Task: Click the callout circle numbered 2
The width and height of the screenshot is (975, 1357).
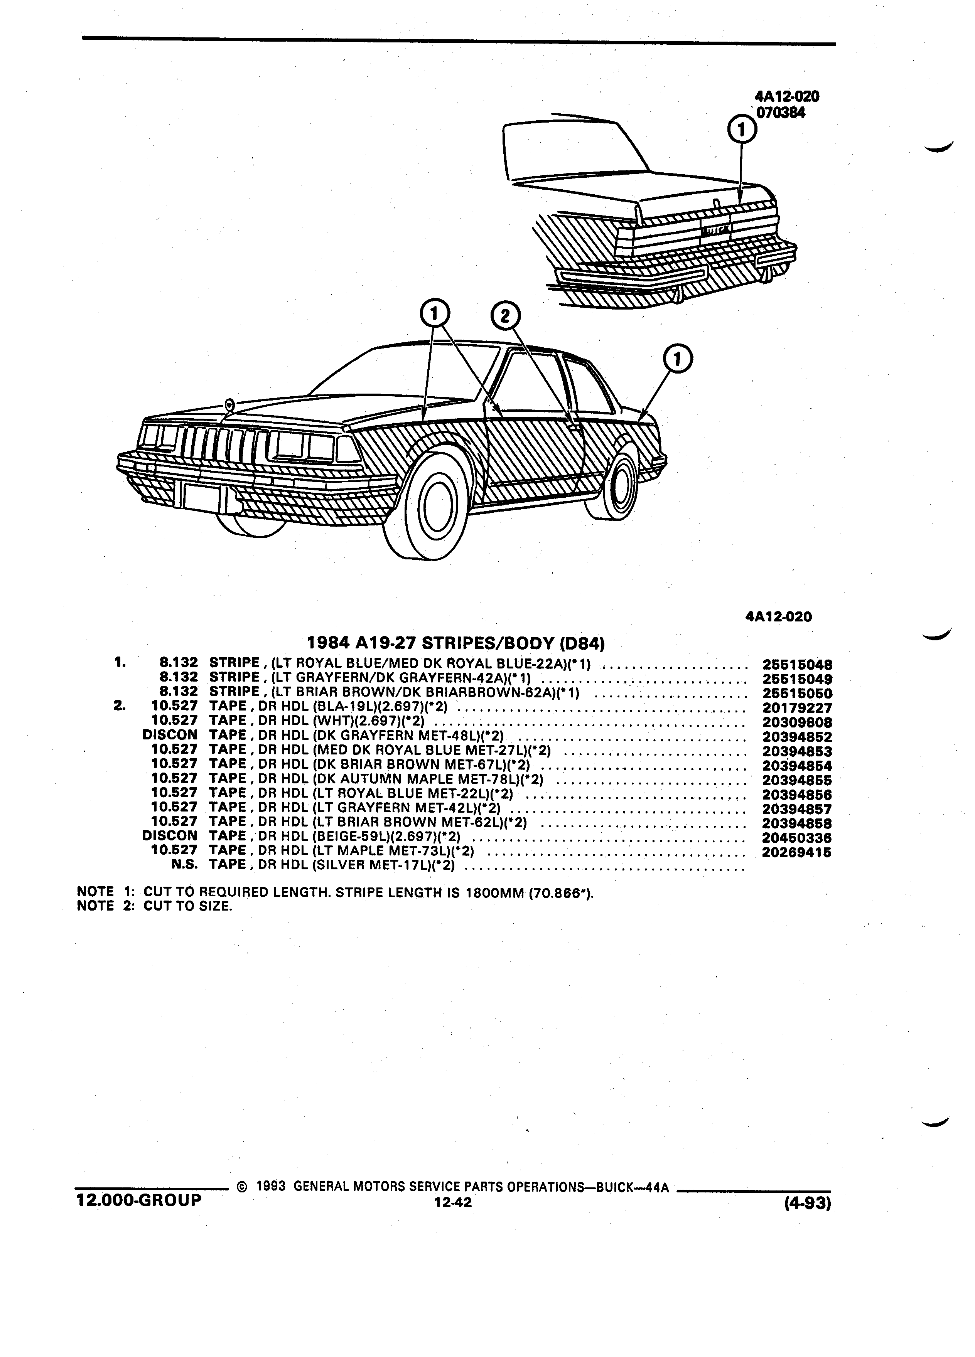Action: coord(505,316)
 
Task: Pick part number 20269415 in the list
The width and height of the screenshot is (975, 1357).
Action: coord(797,853)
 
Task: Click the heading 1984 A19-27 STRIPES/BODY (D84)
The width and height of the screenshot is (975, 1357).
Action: coord(456,643)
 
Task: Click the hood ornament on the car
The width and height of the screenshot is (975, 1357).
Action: coord(229,404)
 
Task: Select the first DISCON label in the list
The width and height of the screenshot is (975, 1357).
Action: coord(170,735)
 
